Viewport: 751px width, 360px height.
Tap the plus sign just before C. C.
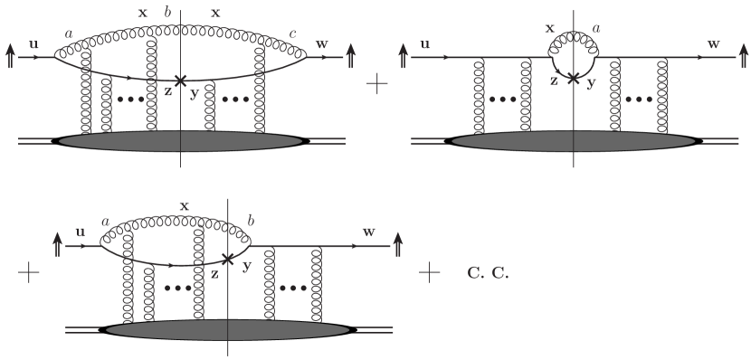(x=429, y=270)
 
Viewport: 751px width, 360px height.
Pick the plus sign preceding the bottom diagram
(x=29, y=271)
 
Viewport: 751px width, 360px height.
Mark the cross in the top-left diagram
(x=181, y=81)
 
